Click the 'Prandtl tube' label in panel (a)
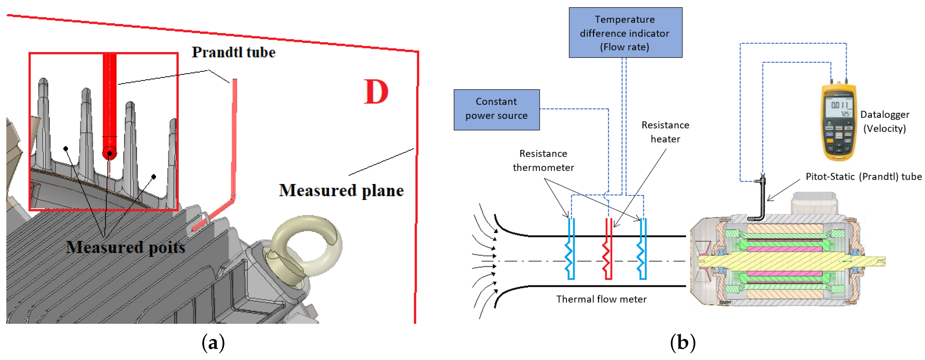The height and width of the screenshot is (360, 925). [x=233, y=52]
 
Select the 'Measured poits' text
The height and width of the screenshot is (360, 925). [x=125, y=247]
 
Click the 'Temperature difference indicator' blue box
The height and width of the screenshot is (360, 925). [x=625, y=33]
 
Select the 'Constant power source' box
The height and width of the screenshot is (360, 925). [x=496, y=109]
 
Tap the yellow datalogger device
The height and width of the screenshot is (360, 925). [x=838, y=122]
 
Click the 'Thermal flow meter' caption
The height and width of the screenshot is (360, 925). [x=601, y=299]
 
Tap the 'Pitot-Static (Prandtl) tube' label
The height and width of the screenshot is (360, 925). [x=863, y=177]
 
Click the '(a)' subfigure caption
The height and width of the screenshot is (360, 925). [x=213, y=343]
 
